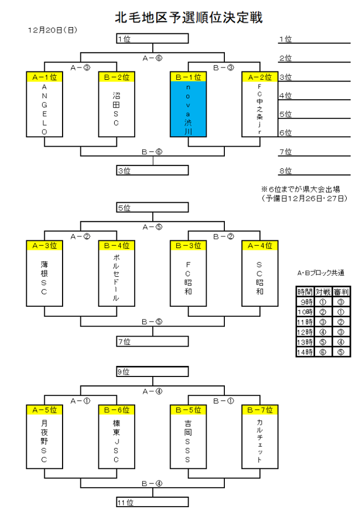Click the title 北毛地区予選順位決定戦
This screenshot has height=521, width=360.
click(x=188, y=17)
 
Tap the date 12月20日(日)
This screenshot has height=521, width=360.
click(x=53, y=30)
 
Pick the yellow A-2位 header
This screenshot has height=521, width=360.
click(x=260, y=77)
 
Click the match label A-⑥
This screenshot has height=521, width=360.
click(x=152, y=58)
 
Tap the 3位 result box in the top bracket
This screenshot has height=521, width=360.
click(x=152, y=171)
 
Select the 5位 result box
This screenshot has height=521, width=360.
click(x=152, y=207)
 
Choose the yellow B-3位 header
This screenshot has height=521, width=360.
click(x=188, y=245)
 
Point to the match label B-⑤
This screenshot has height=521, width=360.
click(x=152, y=322)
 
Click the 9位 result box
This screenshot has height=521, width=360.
click(x=152, y=372)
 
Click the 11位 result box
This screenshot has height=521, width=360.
click(x=152, y=502)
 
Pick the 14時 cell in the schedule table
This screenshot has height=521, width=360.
click(x=305, y=352)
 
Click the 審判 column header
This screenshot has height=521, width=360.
click(x=341, y=292)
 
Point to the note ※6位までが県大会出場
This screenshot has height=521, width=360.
click(x=301, y=189)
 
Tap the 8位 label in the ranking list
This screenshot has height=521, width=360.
click(x=286, y=171)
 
